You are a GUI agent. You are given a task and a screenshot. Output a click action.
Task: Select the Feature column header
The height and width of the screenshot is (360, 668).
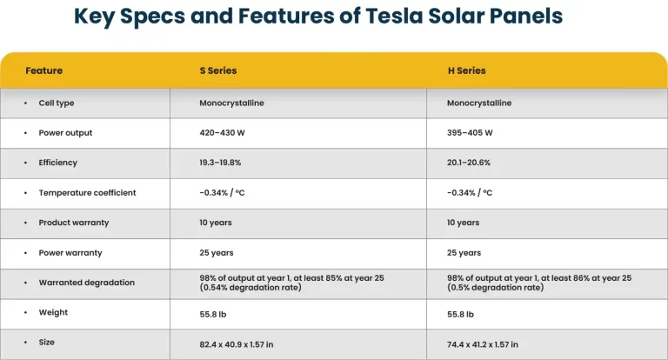coord(43,70)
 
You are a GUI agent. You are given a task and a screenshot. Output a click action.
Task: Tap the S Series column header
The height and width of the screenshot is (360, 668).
coord(217,70)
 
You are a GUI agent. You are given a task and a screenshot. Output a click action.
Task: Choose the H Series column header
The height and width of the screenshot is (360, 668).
coord(466,70)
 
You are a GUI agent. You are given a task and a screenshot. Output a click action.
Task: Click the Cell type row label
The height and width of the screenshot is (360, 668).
coord(56,103)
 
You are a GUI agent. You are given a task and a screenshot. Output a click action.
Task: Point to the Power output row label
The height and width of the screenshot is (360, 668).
coord(65,133)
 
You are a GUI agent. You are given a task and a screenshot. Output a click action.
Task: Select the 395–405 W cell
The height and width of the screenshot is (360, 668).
coord(470,133)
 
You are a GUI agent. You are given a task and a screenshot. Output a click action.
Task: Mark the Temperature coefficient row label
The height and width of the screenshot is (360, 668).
coord(87,192)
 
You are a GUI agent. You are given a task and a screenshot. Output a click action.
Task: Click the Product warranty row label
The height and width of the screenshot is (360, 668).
coord(73,223)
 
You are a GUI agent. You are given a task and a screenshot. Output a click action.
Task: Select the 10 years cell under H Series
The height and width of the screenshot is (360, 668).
coord(463,223)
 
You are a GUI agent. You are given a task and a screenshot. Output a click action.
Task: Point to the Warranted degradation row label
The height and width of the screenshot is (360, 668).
coord(86,283)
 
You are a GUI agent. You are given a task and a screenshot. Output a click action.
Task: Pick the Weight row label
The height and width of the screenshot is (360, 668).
coord(53,312)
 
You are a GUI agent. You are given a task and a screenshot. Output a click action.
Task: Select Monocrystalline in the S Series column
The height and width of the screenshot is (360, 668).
coord(231,103)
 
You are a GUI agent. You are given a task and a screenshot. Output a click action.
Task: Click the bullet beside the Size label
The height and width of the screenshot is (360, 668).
coord(26,343)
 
